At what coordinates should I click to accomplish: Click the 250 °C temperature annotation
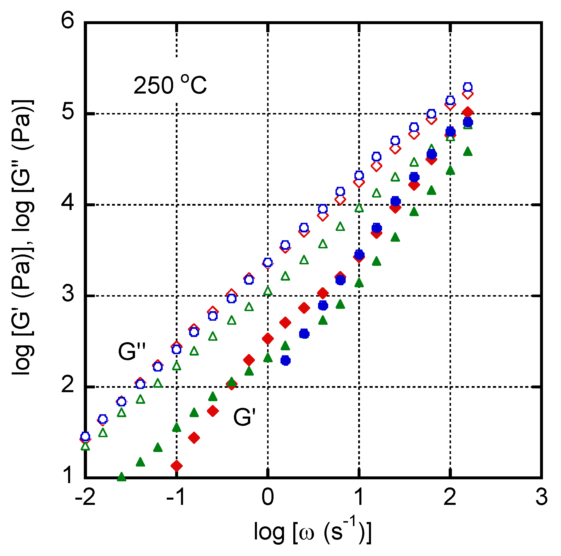(x=170, y=85)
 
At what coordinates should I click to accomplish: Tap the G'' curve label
(x=132, y=352)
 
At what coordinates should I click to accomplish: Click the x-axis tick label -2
(x=85, y=497)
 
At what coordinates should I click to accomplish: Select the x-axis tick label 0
(x=267, y=497)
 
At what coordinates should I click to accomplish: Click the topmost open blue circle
(x=468, y=87)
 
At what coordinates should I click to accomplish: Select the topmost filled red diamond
(x=468, y=112)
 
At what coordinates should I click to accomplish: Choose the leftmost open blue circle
(x=85, y=436)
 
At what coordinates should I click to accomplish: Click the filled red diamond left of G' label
(x=213, y=411)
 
